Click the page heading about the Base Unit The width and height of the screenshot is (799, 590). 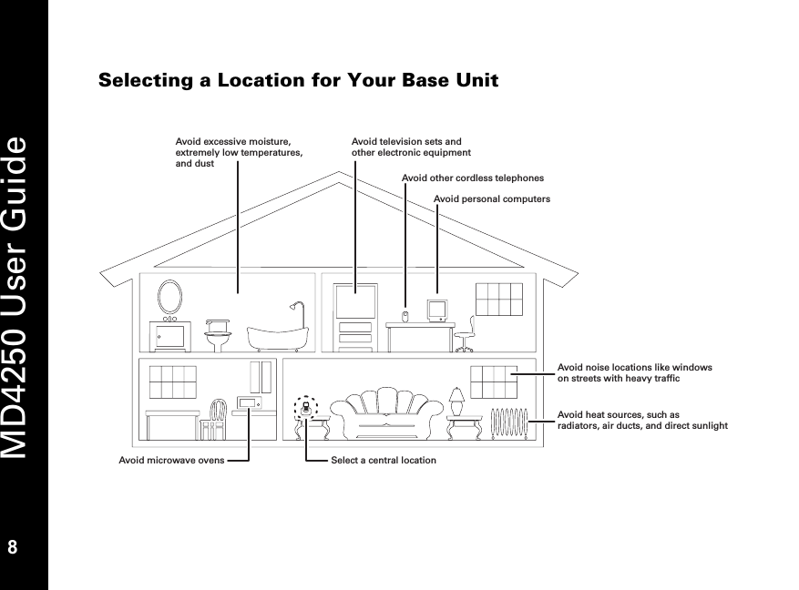pyautogui.click(x=298, y=81)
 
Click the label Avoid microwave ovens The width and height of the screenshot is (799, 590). pyautogui.click(x=171, y=460)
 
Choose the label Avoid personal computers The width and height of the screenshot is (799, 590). pyautogui.click(x=492, y=198)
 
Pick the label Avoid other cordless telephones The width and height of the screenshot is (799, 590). pyautogui.click(x=472, y=178)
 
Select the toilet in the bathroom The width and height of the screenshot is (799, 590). pyautogui.click(x=216, y=332)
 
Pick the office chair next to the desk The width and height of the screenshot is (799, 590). pyautogui.click(x=466, y=334)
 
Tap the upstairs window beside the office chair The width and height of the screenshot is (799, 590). pyautogui.click(x=498, y=300)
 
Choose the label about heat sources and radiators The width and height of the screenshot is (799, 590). pyautogui.click(x=641, y=420)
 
